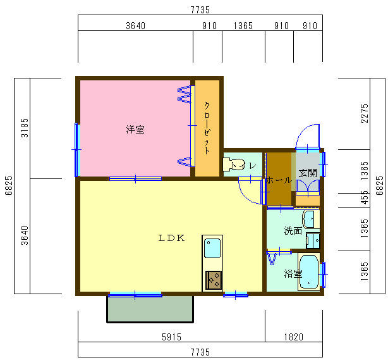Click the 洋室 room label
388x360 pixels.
click(x=135, y=130)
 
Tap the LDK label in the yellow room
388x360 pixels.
click(x=171, y=239)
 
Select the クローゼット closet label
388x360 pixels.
click(x=207, y=128)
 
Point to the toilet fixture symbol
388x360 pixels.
click(x=228, y=165)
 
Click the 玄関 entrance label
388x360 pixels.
click(x=308, y=172)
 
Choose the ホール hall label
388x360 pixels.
click(x=278, y=180)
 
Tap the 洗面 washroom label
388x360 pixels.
click(x=293, y=231)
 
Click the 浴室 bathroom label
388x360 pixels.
click(x=293, y=274)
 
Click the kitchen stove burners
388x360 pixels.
click(x=213, y=279)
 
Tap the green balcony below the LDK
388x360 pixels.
click(x=150, y=309)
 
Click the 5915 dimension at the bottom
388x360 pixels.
click(x=170, y=337)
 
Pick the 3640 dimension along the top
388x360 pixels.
click(x=135, y=26)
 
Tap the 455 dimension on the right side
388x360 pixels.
click(x=365, y=196)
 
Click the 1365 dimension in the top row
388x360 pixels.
click(x=243, y=26)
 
